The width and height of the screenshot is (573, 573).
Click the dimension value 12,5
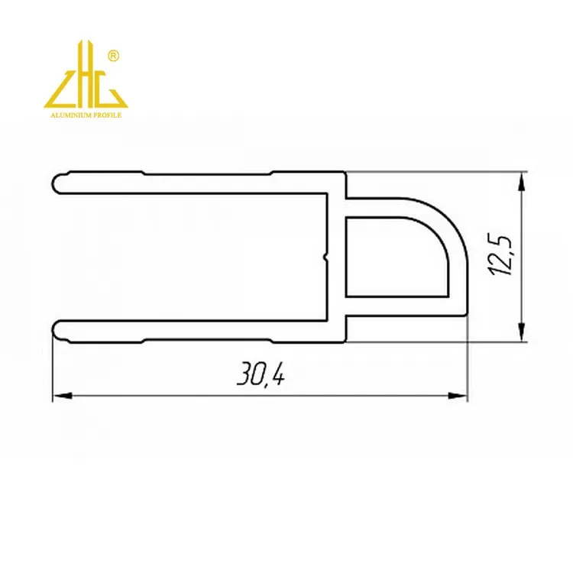502,254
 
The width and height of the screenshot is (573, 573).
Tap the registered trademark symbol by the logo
113,56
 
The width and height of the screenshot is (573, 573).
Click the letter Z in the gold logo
60,90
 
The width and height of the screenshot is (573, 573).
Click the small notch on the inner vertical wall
328,257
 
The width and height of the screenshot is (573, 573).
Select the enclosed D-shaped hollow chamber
393,256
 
